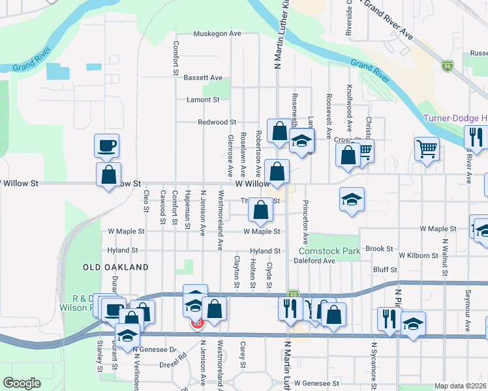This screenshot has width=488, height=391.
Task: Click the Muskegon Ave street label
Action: tap(217, 33)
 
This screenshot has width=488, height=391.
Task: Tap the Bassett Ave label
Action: tap(203, 78)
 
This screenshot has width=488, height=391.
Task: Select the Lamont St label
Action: tap(203, 100)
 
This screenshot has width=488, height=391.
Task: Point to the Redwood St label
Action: tap(217, 122)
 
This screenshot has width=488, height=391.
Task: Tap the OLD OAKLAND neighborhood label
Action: tap(115, 267)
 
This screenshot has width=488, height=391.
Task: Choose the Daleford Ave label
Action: tap(314, 261)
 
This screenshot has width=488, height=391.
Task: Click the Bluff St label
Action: tap(385, 269)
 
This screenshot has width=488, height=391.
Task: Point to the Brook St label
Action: tap(379, 248)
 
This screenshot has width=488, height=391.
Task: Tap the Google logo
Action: tap(22, 383)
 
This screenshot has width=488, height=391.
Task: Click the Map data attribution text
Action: tap(461, 386)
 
